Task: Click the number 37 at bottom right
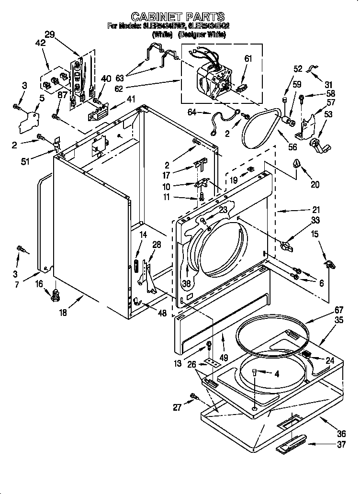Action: tap(340, 444)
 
